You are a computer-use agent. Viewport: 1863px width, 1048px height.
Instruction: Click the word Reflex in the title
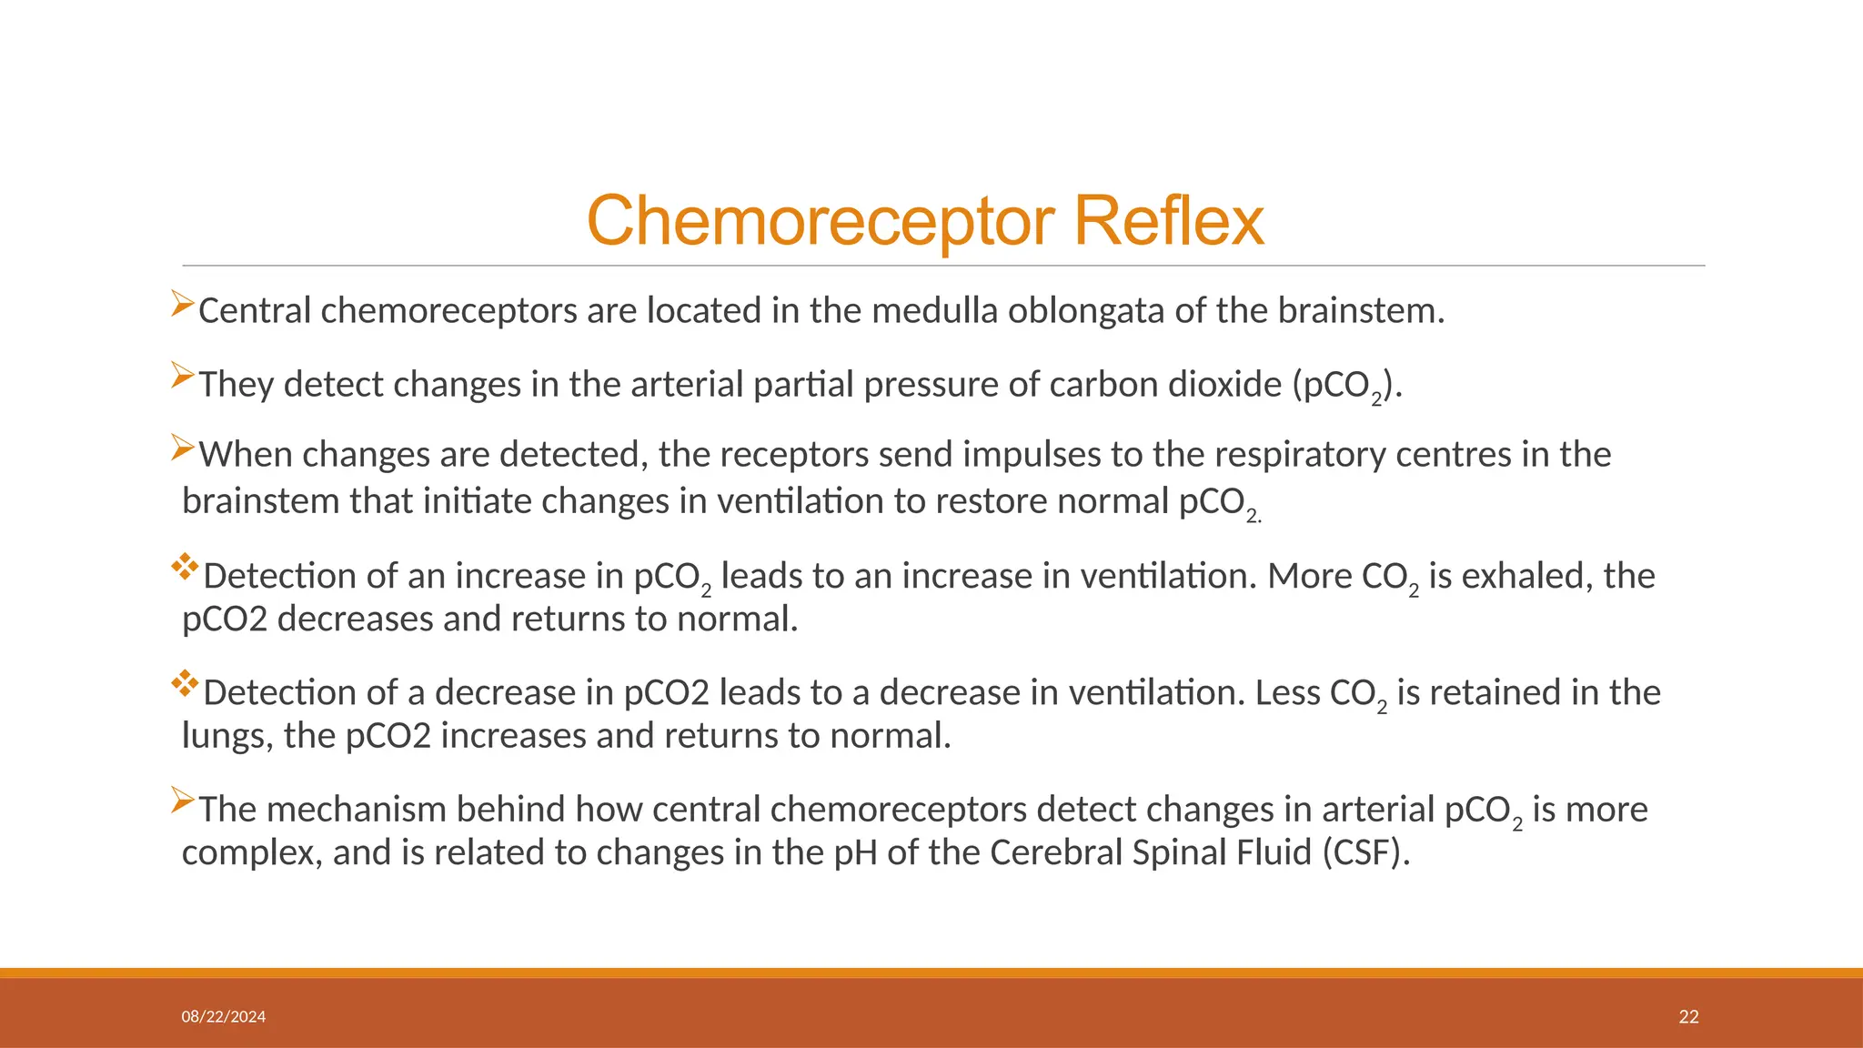coord(1169,221)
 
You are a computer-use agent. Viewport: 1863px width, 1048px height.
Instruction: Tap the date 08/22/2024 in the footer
coord(224,1017)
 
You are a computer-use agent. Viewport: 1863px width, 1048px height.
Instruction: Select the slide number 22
coord(1688,1017)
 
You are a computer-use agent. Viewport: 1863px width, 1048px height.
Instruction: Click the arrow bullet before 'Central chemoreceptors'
coord(183,304)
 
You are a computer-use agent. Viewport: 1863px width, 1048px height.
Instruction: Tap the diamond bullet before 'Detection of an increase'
coord(186,568)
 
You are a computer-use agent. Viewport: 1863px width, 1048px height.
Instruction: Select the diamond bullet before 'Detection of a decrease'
coord(186,684)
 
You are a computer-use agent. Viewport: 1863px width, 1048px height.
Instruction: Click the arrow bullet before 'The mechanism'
coord(183,801)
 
